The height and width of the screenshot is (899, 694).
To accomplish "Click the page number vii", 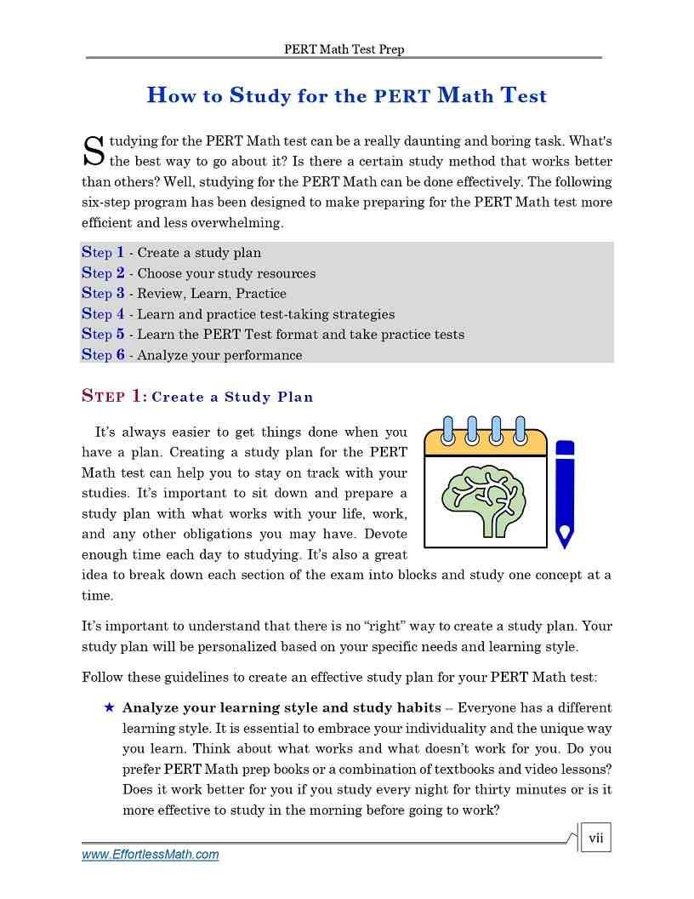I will [x=595, y=839].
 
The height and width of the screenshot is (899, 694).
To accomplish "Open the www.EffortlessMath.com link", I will [x=151, y=855].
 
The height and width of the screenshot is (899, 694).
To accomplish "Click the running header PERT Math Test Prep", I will [x=344, y=49].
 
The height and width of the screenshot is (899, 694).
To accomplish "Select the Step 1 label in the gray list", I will [x=103, y=253].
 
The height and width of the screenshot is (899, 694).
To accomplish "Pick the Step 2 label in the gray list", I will [x=103, y=273].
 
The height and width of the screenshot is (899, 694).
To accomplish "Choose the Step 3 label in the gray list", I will [x=103, y=294].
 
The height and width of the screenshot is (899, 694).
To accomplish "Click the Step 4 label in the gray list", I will [x=103, y=314].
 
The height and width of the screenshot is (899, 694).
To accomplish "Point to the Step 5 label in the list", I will [x=103, y=335].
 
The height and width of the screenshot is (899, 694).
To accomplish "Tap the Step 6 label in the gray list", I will [x=103, y=355].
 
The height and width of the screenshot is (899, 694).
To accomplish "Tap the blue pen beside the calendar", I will [x=564, y=493].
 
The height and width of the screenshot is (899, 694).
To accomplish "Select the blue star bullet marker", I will [x=109, y=707].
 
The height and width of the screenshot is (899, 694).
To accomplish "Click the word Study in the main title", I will [x=260, y=95].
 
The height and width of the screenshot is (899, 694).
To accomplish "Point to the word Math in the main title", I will [x=465, y=95].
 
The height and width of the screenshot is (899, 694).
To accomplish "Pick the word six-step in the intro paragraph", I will [x=105, y=203].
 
